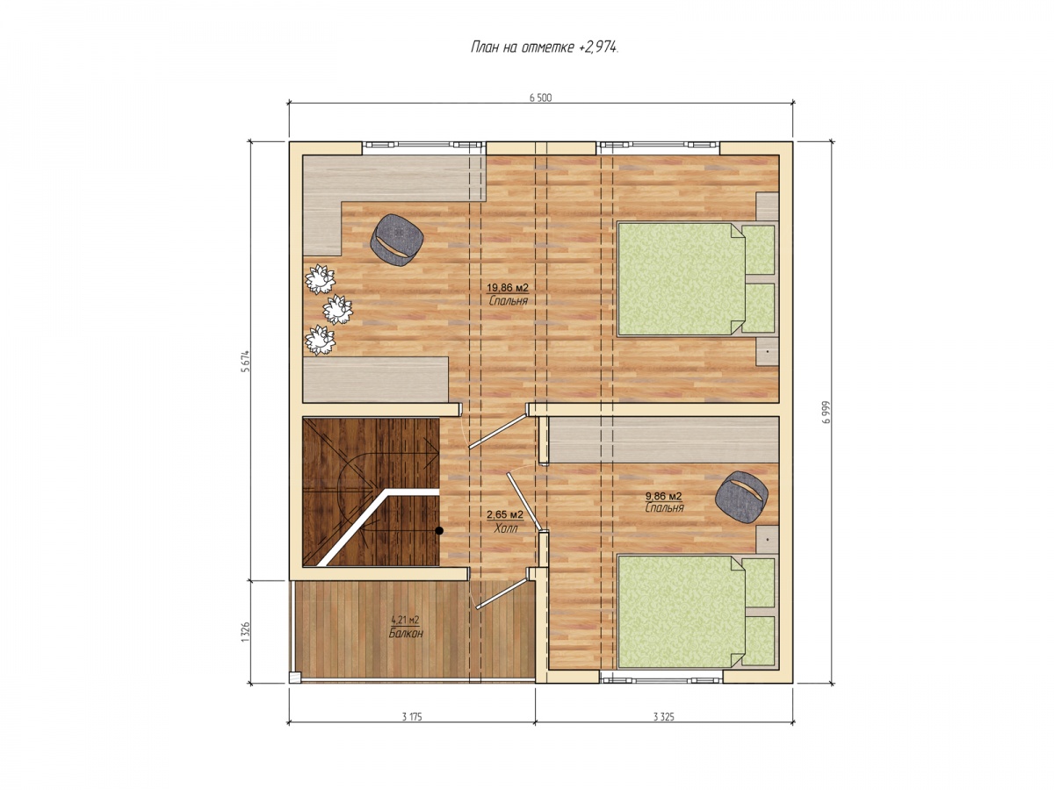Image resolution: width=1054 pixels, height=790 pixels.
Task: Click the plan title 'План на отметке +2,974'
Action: pyautogui.click(x=544, y=47)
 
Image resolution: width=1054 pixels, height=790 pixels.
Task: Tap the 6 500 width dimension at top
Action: pyautogui.click(x=540, y=97)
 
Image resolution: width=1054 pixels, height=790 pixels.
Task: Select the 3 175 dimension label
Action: pyautogui.click(x=411, y=716)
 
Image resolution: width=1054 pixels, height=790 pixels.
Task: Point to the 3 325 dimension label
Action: pyautogui.click(x=663, y=716)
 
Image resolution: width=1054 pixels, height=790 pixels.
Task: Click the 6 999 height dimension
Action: pyautogui.click(x=826, y=411)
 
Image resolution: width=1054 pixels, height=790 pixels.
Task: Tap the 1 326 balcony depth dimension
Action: pyautogui.click(x=245, y=632)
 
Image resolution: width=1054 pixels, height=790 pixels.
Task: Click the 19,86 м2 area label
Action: pyautogui.click(x=507, y=288)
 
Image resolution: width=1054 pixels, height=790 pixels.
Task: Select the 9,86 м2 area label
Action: pyautogui.click(x=664, y=496)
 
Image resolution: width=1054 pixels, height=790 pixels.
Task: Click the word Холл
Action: pyautogui.click(x=506, y=528)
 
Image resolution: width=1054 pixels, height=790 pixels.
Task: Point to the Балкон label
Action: pyautogui.click(x=405, y=633)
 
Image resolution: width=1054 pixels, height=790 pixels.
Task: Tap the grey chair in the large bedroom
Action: pyautogui.click(x=397, y=240)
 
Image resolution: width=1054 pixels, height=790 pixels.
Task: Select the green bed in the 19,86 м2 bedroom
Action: pyautogui.click(x=696, y=278)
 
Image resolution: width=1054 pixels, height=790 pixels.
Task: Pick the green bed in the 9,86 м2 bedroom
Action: pyautogui.click(x=696, y=611)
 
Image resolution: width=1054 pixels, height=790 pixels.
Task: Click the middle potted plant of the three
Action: pyautogui.click(x=337, y=309)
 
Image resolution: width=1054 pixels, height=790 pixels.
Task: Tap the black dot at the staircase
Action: pyautogui.click(x=439, y=530)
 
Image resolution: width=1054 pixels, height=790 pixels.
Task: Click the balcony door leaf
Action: pyautogui.click(x=502, y=592)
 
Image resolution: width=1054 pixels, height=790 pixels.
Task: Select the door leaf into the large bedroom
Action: pyautogui.click(x=497, y=431)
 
